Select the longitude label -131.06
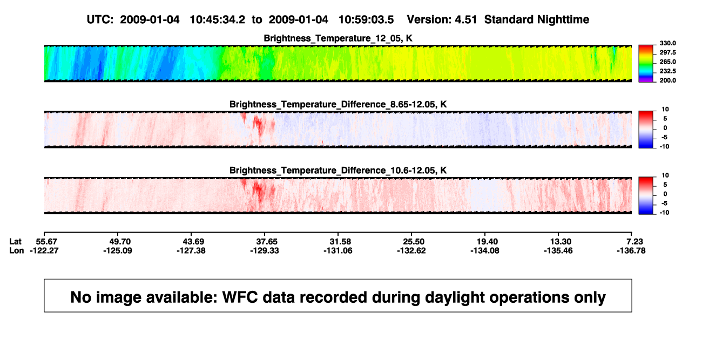(338, 250)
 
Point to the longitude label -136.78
(631, 250)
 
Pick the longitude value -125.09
(118, 250)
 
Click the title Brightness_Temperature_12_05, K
(338, 38)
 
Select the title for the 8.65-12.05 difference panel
(338, 104)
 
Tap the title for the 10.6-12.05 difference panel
(338, 171)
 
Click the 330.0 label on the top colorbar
(667, 43)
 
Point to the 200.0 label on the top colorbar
(667, 80)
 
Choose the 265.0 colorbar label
(667, 62)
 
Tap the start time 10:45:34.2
(217, 20)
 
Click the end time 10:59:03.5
(366, 20)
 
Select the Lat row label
(15, 242)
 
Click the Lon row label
(16, 250)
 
